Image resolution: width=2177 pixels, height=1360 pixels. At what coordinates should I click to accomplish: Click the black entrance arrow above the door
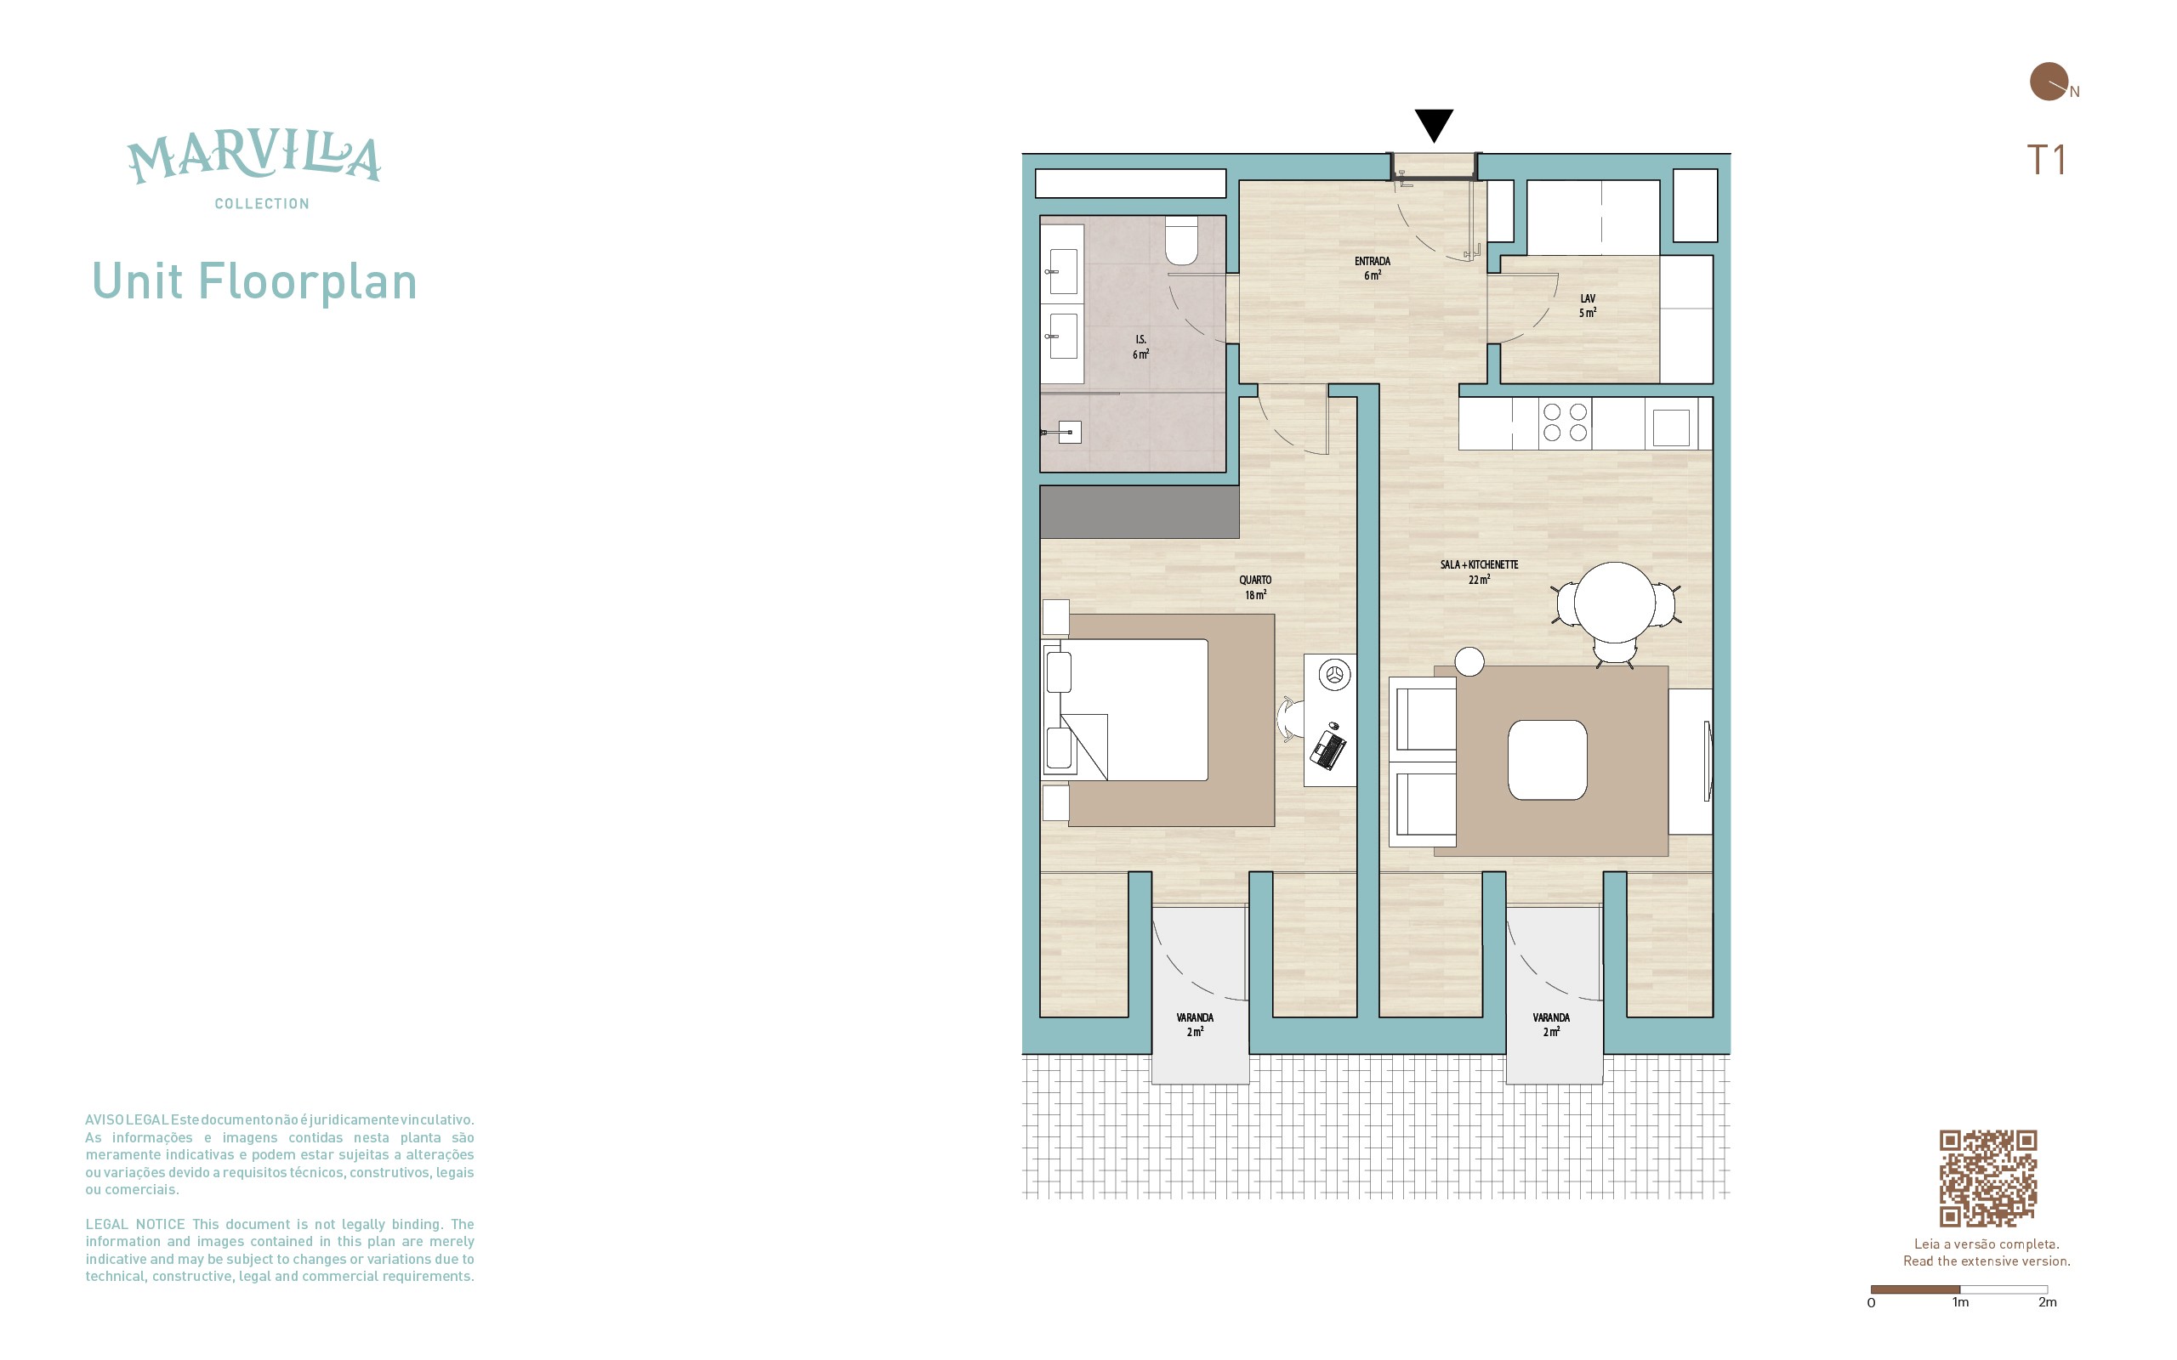[1434, 124]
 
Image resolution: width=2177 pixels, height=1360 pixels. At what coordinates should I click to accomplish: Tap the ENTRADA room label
[1372, 261]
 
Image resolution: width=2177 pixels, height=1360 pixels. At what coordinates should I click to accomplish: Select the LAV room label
[1588, 298]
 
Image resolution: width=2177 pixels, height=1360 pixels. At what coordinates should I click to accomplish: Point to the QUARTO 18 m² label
[1255, 587]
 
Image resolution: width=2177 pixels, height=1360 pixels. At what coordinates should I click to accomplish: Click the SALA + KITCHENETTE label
[1479, 565]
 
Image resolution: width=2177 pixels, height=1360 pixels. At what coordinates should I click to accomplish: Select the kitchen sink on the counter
[1670, 427]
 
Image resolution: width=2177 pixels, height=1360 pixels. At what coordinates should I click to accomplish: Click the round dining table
[1615, 602]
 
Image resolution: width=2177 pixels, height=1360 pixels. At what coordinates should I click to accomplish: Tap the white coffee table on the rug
[1548, 759]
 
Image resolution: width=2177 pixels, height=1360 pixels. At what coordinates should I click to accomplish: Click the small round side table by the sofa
[1469, 661]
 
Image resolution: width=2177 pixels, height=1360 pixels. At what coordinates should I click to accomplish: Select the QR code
[1987, 1177]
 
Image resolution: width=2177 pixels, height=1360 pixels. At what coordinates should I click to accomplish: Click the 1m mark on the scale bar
[1960, 1301]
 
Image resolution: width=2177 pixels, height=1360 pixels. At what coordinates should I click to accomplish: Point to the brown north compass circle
[2049, 81]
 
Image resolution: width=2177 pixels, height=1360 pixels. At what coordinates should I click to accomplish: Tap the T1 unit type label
[2046, 160]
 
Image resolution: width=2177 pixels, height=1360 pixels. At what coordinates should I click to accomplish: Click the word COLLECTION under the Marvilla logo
[262, 204]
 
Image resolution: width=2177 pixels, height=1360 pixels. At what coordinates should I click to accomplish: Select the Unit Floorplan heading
[254, 281]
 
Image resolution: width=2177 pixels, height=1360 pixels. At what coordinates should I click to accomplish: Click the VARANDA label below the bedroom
[1195, 1017]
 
